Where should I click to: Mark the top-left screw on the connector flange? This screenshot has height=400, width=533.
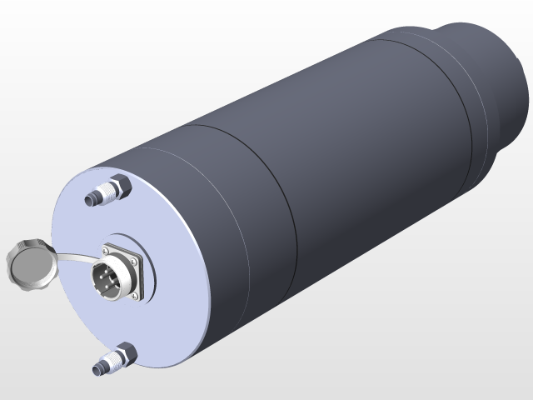click(x=106, y=247)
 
